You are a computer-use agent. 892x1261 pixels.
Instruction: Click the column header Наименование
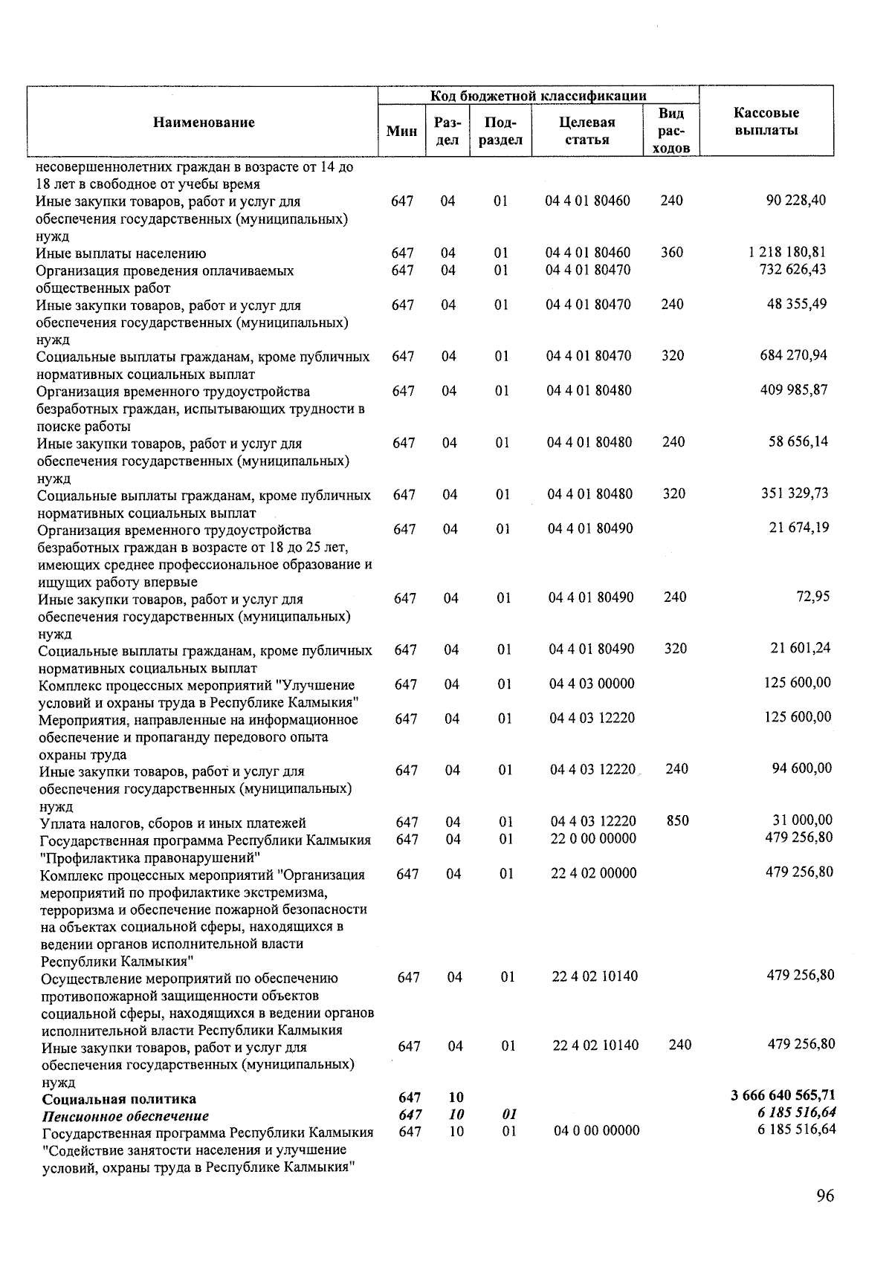coord(204,123)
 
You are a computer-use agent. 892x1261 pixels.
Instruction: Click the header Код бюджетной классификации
coord(538,96)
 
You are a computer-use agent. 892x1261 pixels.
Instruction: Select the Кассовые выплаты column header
coord(766,122)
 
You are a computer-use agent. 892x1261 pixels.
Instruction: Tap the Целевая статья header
coord(586,131)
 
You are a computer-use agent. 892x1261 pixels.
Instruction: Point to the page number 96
coord(824,1196)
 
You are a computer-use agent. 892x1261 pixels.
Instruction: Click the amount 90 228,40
coord(795,201)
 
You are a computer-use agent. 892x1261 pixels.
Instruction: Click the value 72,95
coord(813,597)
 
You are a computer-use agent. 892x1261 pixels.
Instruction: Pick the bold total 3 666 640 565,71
coord(783,1095)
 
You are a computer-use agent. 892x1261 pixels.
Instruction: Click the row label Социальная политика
coord(119,1099)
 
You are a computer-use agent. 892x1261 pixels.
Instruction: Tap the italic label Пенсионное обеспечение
coord(125,1116)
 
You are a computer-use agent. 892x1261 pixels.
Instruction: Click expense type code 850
coord(677,821)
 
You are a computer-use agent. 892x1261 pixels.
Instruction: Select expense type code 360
coord(671,253)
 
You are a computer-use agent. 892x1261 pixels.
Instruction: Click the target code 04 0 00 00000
coord(596,1131)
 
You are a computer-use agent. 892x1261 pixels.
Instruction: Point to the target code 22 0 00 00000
coord(593,839)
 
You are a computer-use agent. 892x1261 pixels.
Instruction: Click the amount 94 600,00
coord(802,768)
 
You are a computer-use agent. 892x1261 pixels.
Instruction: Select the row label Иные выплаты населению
coord(121,254)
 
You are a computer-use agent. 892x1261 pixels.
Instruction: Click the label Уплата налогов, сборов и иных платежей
coord(172,823)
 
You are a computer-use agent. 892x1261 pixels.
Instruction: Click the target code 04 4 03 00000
coord(592,684)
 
